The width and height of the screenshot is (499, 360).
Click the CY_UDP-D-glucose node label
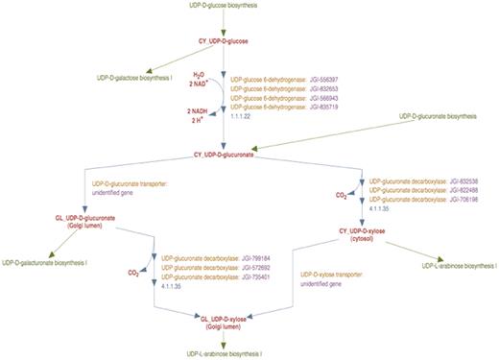[x=224, y=43]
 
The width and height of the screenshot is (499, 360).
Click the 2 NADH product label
[x=198, y=111]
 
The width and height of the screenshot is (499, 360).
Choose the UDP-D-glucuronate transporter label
[x=126, y=180]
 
